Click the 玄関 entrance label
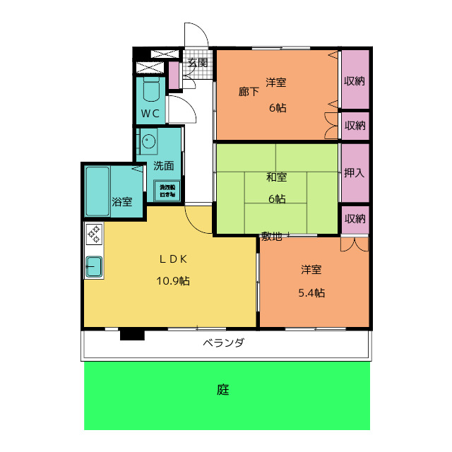[198, 62]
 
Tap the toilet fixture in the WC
[151, 90]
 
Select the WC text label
[150, 114]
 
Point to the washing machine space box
[167, 191]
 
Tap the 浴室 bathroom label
[122, 202]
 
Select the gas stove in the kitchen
[93, 234]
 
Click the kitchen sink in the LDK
[94, 267]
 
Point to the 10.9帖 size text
[172, 280]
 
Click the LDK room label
[172, 258]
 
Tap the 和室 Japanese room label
[276, 177]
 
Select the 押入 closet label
[355, 172]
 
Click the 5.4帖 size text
[311, 292]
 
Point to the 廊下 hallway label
[249, 91]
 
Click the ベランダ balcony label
[224, 343]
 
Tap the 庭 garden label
[223, 389]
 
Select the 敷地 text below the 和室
[272, 237]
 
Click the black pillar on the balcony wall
[131, 334]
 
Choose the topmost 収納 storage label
[355, 81]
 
